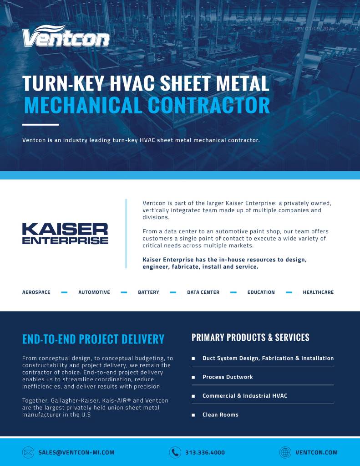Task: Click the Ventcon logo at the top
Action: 66,36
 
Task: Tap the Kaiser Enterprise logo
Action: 65,233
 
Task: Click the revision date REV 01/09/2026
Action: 314,28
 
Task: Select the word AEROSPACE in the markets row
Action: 36,292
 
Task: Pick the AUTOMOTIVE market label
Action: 94,292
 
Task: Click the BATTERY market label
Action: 148,292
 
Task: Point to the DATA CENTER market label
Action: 203,292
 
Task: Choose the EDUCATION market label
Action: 261,292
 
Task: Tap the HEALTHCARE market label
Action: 318,292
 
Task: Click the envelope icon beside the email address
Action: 28,452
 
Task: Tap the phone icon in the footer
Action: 175,452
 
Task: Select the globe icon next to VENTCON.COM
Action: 285,452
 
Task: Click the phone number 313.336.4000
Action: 205,452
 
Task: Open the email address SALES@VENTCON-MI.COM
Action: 76,452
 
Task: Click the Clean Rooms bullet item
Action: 220,415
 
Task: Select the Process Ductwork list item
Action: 228,377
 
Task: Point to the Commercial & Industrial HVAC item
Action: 245,396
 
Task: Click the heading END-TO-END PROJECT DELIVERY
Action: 93,339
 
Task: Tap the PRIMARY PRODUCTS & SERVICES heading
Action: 250,338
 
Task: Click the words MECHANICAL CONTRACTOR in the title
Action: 147,105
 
